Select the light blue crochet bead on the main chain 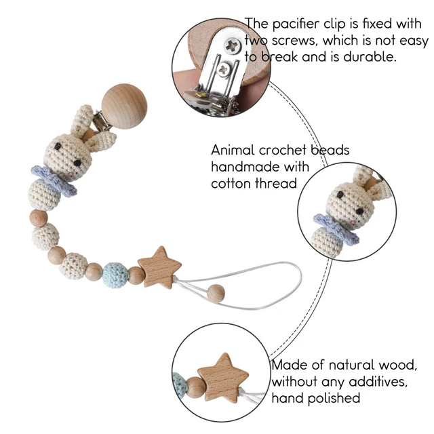[x=115, y=273]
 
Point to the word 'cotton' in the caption [x=231, y=183]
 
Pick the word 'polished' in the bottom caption [x=331, y=399]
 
